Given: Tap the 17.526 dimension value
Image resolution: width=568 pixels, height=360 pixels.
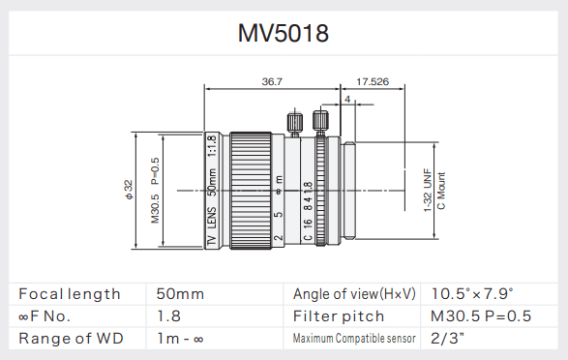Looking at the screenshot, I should point(373,81).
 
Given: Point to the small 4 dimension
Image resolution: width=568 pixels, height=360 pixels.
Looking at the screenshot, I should point(346,100).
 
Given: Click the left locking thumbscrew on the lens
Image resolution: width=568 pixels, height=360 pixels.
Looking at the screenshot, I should point(293,123).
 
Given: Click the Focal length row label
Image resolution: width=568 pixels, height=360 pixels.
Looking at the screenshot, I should point(70,293).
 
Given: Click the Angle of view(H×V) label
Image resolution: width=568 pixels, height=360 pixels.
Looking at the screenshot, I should point(354,293).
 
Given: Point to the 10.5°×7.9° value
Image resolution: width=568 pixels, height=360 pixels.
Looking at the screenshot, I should point(472,293).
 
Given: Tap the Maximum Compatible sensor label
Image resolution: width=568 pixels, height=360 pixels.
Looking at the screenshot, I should point(354,339).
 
